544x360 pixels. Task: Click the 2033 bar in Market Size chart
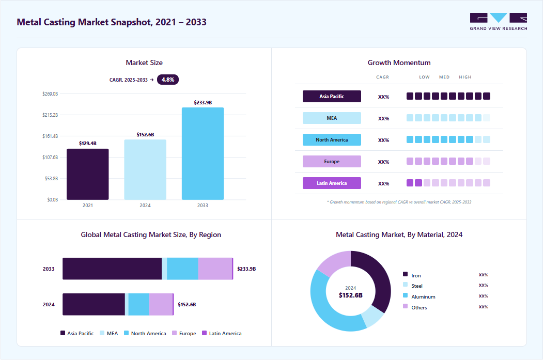pyautogui.click(x=203, y=153)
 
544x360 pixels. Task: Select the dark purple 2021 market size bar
pyautogui.click(x=87, y=174)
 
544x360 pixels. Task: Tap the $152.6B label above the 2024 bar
pyautogui.click(x=145, y=135)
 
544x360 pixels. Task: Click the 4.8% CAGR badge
pyautogui.click(x=168, y=80)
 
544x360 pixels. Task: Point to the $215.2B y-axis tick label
pyautogui.click(x=50, y=115)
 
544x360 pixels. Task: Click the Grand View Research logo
pyautogui.click(x=499, y=22)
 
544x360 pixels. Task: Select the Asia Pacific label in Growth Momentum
pyautogui.click(x=332, y=97)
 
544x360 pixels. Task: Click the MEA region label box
pyautogui.click(x=332, y=118)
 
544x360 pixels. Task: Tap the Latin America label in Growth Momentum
pyautogui.click(x=332, y=183)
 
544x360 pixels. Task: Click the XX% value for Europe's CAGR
pyautogui.click(x=383, y=162)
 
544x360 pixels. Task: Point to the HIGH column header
pyautogui.click(x=465, y=77)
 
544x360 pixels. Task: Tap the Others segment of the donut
pyautogui.click(x=332, y=262)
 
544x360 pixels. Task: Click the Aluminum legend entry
pyautogui.click(x=419, y=296)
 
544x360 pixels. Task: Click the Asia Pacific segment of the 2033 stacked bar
pyautogui.click(x=112, y=269)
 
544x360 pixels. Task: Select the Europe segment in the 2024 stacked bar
pyautogui.click(x=161, y=305)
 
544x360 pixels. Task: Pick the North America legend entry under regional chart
pyautogui.click(x=145, y=333)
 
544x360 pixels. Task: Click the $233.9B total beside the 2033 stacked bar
pyautogui.click(x=246, y=269)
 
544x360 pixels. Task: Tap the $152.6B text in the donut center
pyautogui.click(x=350, y=295)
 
